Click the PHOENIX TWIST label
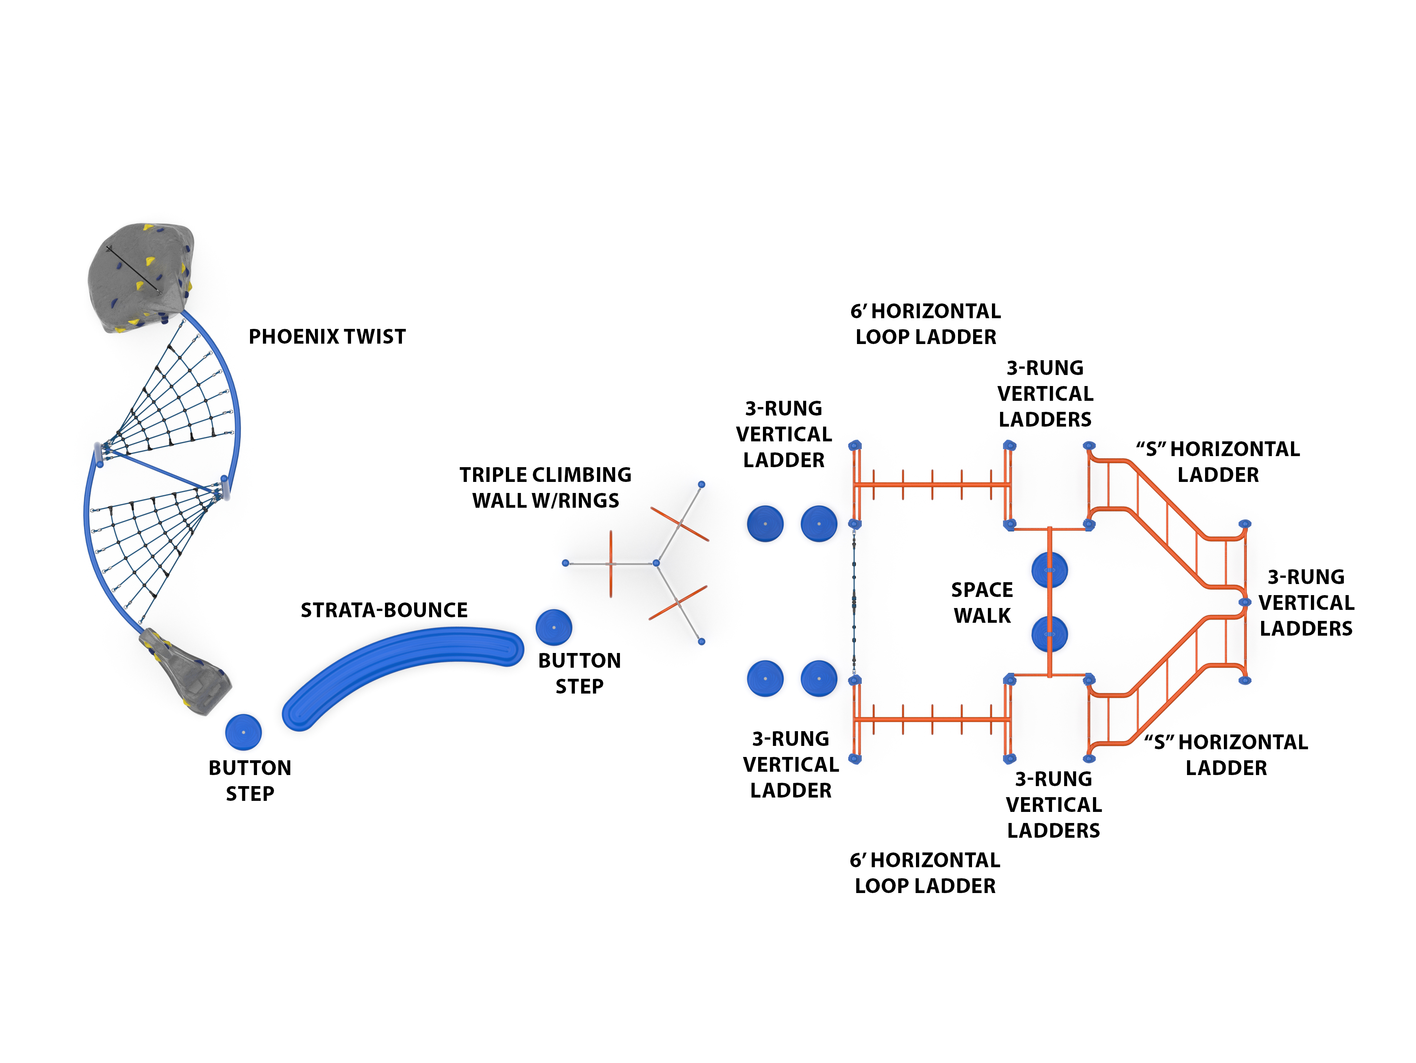click(x=327, y=337)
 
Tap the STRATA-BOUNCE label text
click(x=384, y=610)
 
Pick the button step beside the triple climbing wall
click(x=554, y=627)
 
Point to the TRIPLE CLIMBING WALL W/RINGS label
click(x=545, y=488)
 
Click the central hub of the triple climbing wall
click(x=656, y=563)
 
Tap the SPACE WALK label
click(x=982, y=602)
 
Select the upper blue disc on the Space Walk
click(x=1049, y=570)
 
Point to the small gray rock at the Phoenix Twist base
click(x=185, y=672)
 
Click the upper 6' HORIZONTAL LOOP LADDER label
click(x=926, y=324)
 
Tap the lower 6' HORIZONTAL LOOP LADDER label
click(x=925, y=873)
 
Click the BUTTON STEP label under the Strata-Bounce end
click(x=579, y=673)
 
